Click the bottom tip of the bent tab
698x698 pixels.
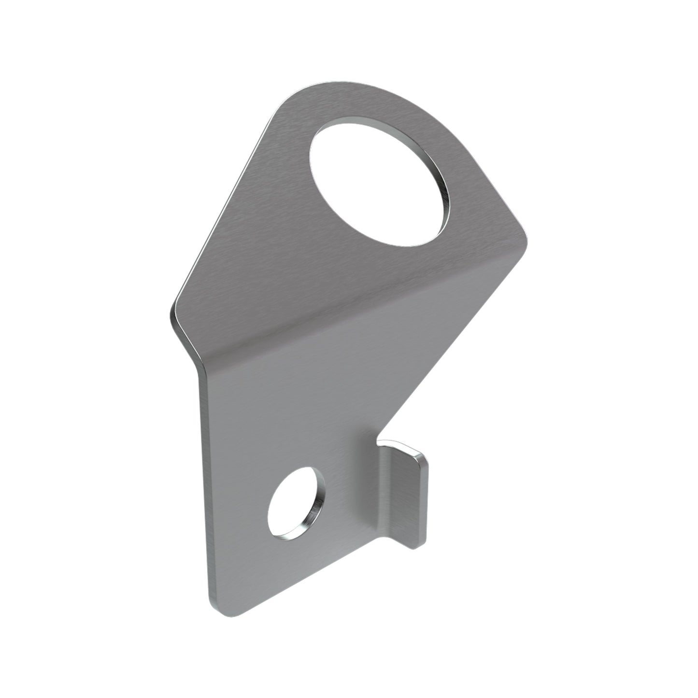coord(413,546)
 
